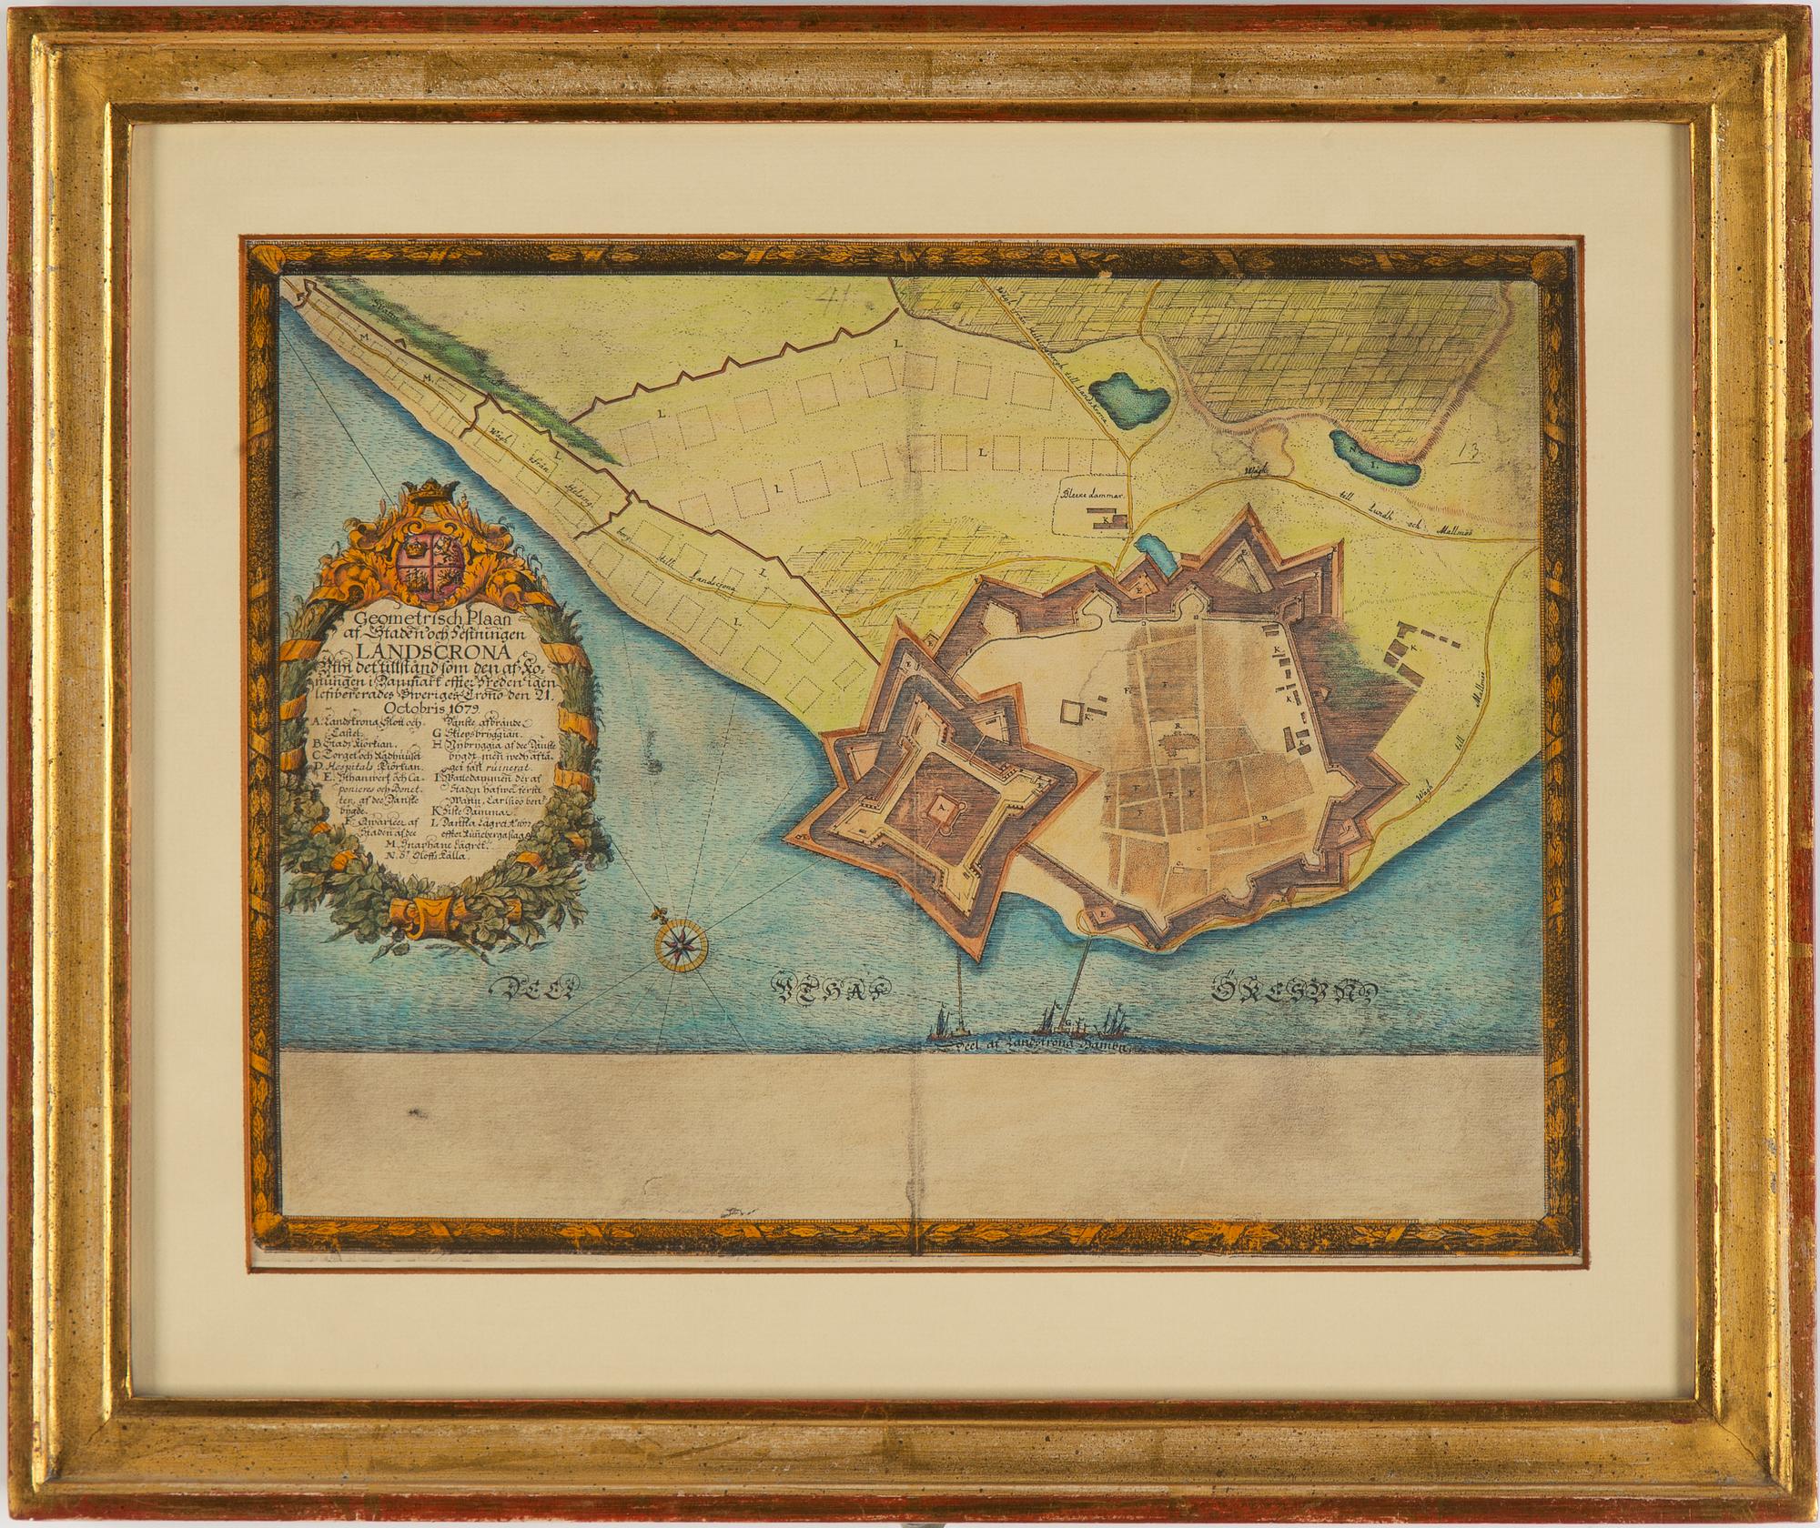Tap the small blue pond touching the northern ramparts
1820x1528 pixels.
(1151, 551)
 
